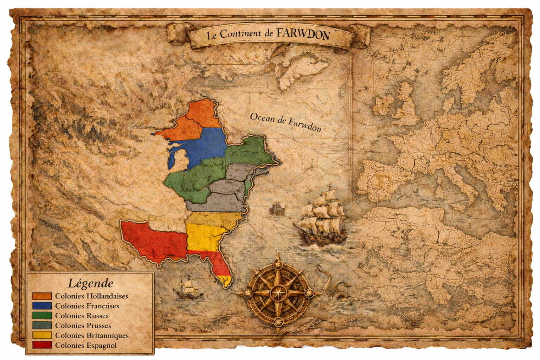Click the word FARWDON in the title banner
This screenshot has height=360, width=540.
(x=303, y=34)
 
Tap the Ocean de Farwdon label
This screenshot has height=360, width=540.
(x=285, y=122)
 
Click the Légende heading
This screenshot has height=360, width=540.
(x=90, y=283)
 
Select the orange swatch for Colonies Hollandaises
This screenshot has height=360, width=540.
(x=42, y=296)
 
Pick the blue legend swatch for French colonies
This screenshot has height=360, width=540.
(x=42, y=306)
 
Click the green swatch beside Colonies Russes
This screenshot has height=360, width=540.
(x=42, y=316)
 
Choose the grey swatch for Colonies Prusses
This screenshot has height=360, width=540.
(x=42, y=326)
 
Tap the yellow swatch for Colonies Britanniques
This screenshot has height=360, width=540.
(x=42, y=335)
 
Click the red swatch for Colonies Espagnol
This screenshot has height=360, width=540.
(x=42, y=345)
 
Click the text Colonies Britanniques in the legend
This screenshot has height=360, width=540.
(x=92, y=335)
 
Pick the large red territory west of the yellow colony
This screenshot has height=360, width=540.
(x=155, y=239)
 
